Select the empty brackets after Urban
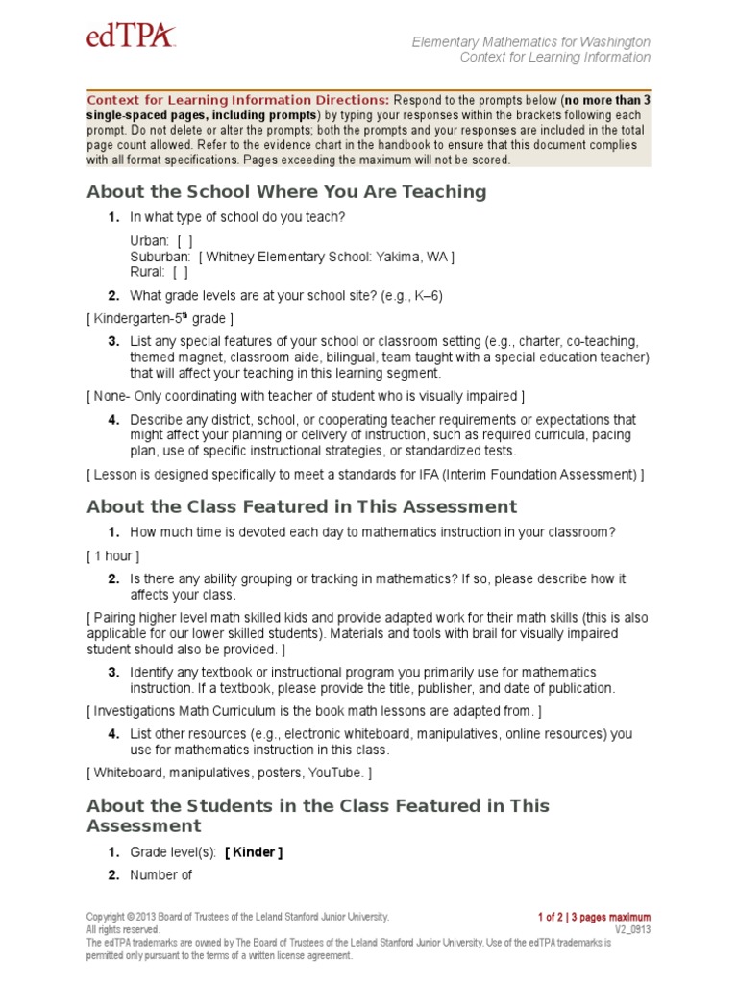[184, 240]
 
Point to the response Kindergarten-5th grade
[160, 318]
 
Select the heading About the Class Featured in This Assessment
[302, 506]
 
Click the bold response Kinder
[254, 852]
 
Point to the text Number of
[161, 874]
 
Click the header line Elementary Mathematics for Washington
[530, 42]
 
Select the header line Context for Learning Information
[554, 58]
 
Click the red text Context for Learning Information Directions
[238, 100]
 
